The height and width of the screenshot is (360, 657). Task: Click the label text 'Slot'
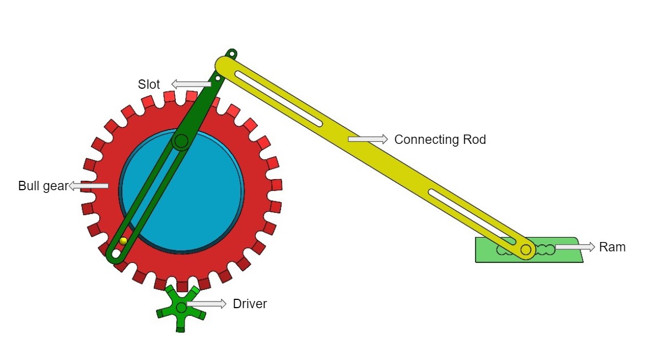coord(149,84)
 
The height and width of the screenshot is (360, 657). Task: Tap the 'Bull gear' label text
coord(42,186)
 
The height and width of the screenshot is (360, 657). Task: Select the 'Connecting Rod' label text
coord(440,139)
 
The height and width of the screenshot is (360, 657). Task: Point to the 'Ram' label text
coord(612,247)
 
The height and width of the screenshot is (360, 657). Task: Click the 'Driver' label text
coord(250,304)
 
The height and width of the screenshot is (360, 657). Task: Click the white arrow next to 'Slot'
coord(191,84)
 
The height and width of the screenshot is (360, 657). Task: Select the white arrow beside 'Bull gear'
coord(88,186)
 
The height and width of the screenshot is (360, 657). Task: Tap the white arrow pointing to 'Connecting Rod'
coord(368,139)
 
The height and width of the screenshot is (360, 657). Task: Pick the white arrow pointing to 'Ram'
coord(575,246)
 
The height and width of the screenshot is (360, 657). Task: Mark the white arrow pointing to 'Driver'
coord(206,304)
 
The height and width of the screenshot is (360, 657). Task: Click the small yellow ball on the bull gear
coord(123,241)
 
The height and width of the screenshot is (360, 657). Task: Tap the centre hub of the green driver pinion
coord(181,307)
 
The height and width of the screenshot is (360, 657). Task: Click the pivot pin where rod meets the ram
coord(525,250)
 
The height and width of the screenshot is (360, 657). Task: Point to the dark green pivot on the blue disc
coord(180,142)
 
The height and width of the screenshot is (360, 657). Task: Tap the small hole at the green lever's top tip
coord(232,54)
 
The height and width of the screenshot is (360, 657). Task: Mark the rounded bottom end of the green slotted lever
coord(115,255)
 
